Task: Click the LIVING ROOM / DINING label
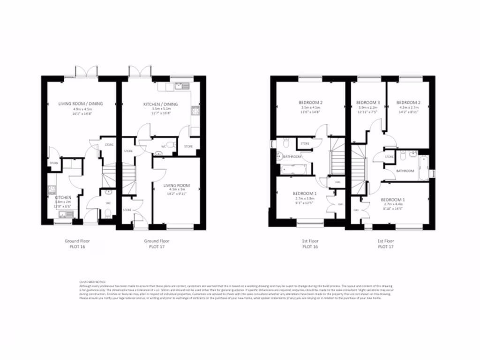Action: [x=81, y=104]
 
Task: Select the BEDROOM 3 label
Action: [x=367, y=102]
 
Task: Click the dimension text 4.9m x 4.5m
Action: [x=81, y=109]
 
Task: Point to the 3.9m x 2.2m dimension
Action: [x=367, y=108]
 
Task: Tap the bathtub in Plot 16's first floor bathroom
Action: [x=293, y=168]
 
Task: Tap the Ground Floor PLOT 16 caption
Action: [x=77, y=243]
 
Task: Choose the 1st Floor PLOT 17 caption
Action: [x=385, y=243]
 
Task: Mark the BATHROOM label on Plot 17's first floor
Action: [x=405, y=171]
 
